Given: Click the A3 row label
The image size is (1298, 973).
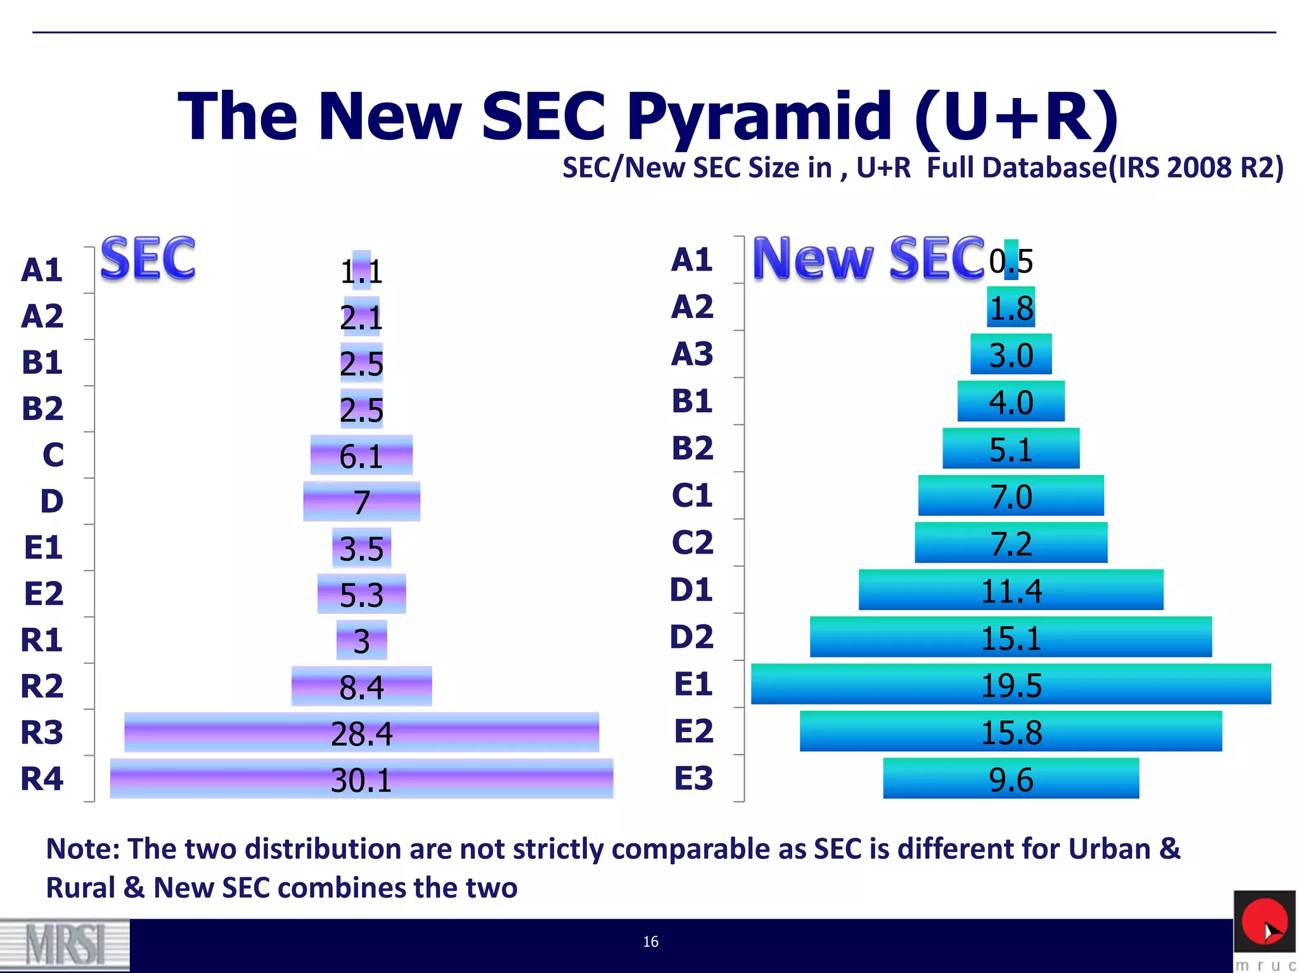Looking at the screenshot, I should click(x=692, y=353).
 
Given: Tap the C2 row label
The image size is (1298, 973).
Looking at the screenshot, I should click(x=692, y=542).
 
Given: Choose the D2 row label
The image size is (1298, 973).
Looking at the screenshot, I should click(x=691, y=637).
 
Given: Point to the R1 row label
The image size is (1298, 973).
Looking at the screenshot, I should click(x=42, y=640).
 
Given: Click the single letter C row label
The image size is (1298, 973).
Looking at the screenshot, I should click(x=53, y=455).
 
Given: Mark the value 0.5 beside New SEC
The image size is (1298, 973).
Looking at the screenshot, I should click(x=1011, y=261).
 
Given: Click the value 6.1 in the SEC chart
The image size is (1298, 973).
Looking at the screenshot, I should click(x=361, y=456).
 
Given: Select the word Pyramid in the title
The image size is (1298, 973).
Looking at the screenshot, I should click(x=759, y=117).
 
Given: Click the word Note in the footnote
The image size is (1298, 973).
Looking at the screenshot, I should click(x=81, y=849).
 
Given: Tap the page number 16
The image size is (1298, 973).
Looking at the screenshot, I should click(x=651, y=942).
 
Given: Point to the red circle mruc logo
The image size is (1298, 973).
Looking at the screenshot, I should click(x=1264, y=922).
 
